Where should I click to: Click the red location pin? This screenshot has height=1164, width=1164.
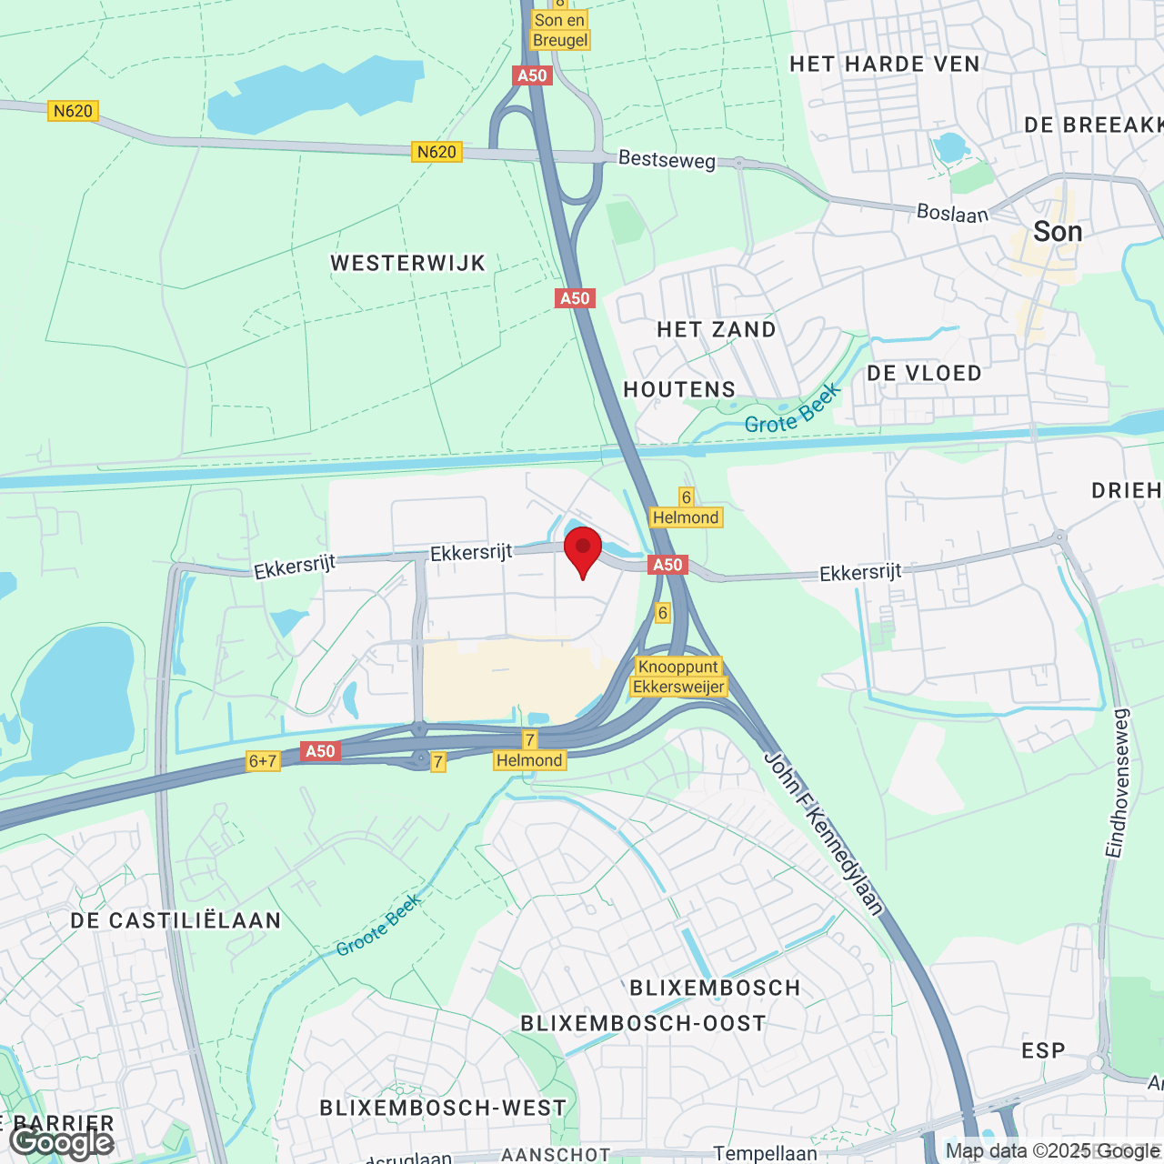tap(583, 548)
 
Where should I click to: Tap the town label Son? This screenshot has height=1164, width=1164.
tap(1058, 232)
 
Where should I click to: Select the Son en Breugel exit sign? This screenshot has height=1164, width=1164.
tap(560, 30)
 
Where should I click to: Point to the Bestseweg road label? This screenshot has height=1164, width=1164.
tap(667, 159)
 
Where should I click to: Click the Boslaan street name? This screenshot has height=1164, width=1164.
tap(952, 213)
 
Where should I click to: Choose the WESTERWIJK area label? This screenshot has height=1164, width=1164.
tap(408, 264)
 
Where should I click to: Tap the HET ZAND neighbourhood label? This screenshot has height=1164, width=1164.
tap(717, 330)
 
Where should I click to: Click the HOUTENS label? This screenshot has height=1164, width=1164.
tap(679, 390)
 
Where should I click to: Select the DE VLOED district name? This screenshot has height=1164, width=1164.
tap(924, 374)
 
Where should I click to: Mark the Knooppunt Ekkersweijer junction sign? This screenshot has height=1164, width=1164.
tap(678, 677)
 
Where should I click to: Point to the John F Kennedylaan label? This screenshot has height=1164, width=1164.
tap(824, 832)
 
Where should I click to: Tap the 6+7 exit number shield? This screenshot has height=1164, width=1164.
tap(262, 761)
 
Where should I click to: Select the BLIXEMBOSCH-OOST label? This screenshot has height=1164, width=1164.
tap(643, 1024)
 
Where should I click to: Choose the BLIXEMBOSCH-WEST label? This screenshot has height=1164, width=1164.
tap(443, 1108)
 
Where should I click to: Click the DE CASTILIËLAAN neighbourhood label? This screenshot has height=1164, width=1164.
tap(176, 920)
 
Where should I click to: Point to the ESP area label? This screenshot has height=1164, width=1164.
tap(1043, 1051)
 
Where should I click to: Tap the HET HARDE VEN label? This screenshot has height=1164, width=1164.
tap(885, 65)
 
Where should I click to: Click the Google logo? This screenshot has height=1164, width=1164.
tap(62, 1142)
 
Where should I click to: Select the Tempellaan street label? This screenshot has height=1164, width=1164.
tap(765, 1153)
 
